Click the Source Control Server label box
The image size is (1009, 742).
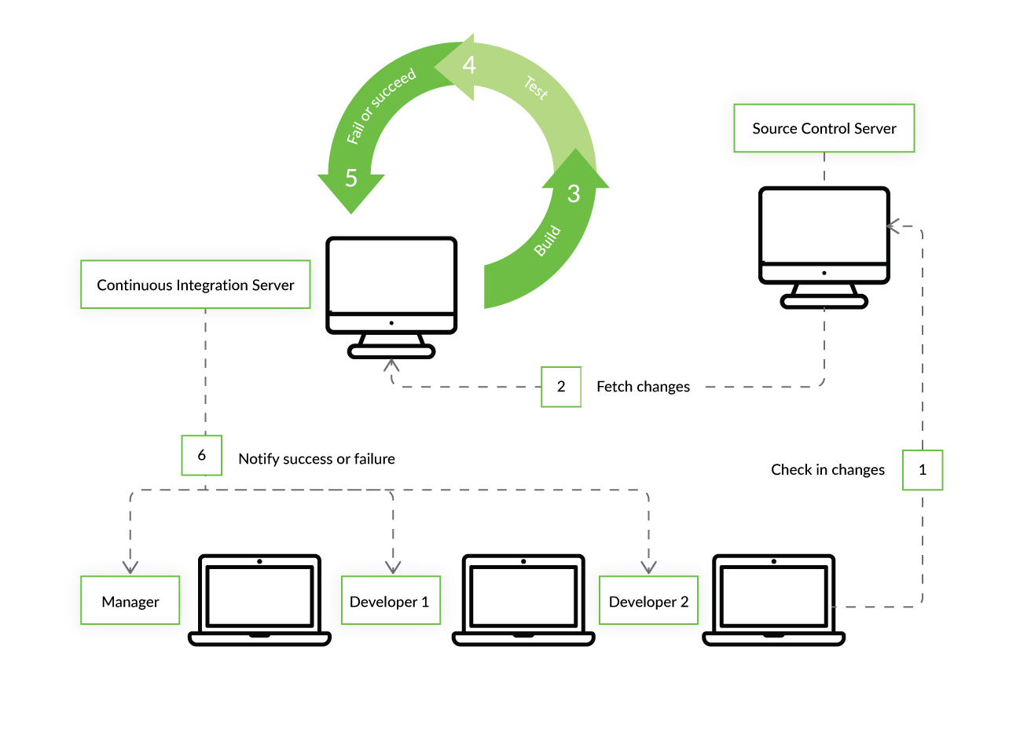pyautogui.click(x=824, y=128)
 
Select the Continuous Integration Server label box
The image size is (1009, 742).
pyautogui.click(x=196, y=285)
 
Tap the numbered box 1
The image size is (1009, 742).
pyautogui.click(x=922, y=470)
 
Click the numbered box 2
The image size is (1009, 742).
pyautogui.click(x=560, y=387)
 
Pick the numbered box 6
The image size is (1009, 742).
pyautogui.click(x=201, y=455)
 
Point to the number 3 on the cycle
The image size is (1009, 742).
pyautogui.click(x=574, y=193)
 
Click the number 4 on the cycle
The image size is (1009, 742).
pyautogui.click(x=469, y=64)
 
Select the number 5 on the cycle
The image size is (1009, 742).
pyautogui.click(x=350, y=178)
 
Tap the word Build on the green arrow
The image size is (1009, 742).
pyautogui.click(x=548, y=241)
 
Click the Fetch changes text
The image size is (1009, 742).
pyautogui.click(x=643, y=387)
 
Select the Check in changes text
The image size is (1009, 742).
pyautogui.click(x=827, y=470)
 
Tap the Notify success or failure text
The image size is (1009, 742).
pyautogui.click(x=317, y=459)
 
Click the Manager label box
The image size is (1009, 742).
pyautogui.click(x=130, y=602)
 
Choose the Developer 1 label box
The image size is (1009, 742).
pyautogui.click(x=390, y=602)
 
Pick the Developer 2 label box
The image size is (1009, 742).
pyautogui.click(x=648, y=602)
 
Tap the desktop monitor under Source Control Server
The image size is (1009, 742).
pyautogui.click(x=824, y=244)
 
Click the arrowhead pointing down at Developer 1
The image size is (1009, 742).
pyautogui.click(x=393, y=567)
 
